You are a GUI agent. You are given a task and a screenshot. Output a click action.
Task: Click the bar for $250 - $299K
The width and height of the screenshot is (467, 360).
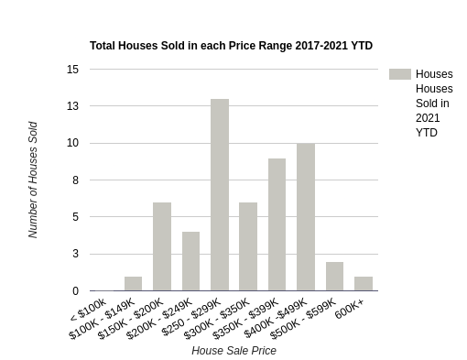220,194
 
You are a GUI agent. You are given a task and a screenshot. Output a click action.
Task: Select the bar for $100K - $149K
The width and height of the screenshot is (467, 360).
134,283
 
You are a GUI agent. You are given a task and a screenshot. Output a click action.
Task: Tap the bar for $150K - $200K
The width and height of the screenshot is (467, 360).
162,246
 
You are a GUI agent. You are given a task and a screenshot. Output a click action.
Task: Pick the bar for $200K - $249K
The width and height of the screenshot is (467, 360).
190,261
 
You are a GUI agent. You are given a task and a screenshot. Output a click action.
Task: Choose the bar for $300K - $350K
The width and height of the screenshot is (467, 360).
248,246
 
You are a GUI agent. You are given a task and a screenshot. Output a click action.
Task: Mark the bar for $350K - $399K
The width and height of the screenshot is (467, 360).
277,224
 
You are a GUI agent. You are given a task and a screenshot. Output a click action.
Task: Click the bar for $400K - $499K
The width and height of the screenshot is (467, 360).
306,217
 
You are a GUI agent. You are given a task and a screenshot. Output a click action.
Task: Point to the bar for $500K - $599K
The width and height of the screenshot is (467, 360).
334,276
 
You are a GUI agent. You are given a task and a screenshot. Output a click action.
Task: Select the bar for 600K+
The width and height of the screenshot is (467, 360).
364,283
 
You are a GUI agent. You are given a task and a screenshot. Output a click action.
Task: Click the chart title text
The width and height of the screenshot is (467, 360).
231,45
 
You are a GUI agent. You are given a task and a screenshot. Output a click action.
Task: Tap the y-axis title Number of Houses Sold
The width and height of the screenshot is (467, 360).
33,180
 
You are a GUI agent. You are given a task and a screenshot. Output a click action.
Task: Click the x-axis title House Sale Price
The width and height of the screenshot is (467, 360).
233,350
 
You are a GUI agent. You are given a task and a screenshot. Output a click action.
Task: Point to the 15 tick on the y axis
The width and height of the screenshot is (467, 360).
72,70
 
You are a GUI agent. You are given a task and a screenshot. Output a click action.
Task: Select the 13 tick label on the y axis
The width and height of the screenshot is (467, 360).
72,106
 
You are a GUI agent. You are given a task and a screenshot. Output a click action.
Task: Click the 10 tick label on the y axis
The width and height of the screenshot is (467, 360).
72,143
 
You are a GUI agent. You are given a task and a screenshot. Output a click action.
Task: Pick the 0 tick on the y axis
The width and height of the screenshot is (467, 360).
75,291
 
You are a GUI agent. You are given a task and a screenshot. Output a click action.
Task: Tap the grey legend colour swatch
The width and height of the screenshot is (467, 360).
399,74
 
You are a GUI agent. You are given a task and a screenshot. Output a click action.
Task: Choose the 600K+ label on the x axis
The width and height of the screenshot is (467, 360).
350,311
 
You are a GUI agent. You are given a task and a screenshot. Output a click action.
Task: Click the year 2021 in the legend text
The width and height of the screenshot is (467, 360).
428,118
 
